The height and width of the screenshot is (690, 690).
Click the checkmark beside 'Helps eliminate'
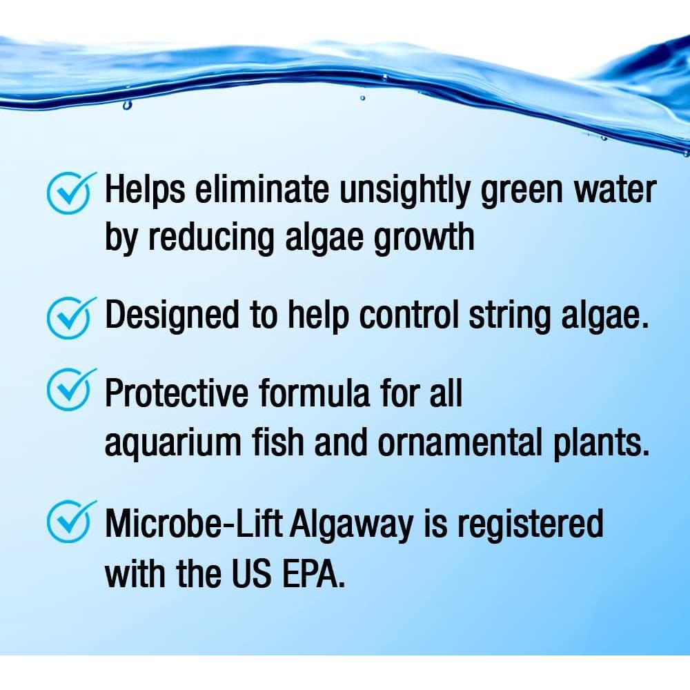68,191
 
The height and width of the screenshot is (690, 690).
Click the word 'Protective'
176,393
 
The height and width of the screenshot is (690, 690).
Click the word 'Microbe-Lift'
191,524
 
